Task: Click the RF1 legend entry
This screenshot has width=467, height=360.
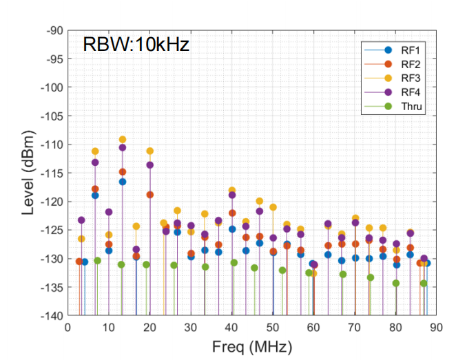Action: point(393,50)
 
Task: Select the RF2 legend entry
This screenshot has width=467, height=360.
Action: point(393,64)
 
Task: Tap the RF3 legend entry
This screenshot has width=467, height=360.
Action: point(393,78)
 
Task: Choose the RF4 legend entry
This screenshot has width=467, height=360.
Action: point(393,92)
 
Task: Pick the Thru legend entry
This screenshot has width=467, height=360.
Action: point(393,106)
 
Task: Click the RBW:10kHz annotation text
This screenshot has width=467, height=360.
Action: point(136,45)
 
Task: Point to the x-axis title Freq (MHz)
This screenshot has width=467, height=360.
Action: point(252,347)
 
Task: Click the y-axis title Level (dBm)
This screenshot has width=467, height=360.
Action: point(28,173)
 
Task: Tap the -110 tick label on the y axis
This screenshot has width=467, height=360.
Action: point(52,145)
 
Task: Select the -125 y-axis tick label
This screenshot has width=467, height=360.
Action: point(52,231)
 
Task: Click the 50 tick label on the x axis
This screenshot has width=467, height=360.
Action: point(272,327)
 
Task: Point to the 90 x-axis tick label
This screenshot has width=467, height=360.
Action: point(436,327)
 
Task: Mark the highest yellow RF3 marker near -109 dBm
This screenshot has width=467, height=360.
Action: point(123,140)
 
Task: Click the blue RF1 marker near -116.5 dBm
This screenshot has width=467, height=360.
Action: point(123,182)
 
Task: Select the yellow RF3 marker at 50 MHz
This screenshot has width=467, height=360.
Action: point(273,207)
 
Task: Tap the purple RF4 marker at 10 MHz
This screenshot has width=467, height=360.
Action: point(109,212)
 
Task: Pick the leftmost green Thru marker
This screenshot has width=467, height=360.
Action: point(97,261)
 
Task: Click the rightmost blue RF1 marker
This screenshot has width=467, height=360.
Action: point(427,263)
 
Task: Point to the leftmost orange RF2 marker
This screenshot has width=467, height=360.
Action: point(79,262)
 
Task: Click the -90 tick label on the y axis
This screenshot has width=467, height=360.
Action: point(54,31)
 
